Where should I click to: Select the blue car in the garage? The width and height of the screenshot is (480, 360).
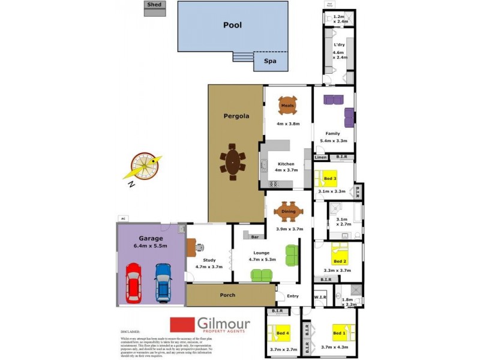point(163,281)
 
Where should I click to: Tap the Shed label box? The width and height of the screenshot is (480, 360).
point(154,5)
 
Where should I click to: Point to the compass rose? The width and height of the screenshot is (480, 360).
point(145,165)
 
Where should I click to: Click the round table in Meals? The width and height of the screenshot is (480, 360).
point(288,106)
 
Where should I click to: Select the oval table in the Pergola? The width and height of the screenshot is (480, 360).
point(232,163)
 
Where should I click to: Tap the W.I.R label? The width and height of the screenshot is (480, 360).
point(320,299)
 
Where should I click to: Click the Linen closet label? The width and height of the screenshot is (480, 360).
point(320,158)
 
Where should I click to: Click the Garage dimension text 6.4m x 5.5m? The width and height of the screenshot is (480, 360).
point(151,245)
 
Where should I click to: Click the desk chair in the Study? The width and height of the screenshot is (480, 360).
point(200,247)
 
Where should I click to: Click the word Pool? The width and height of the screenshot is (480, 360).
point(232,25)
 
